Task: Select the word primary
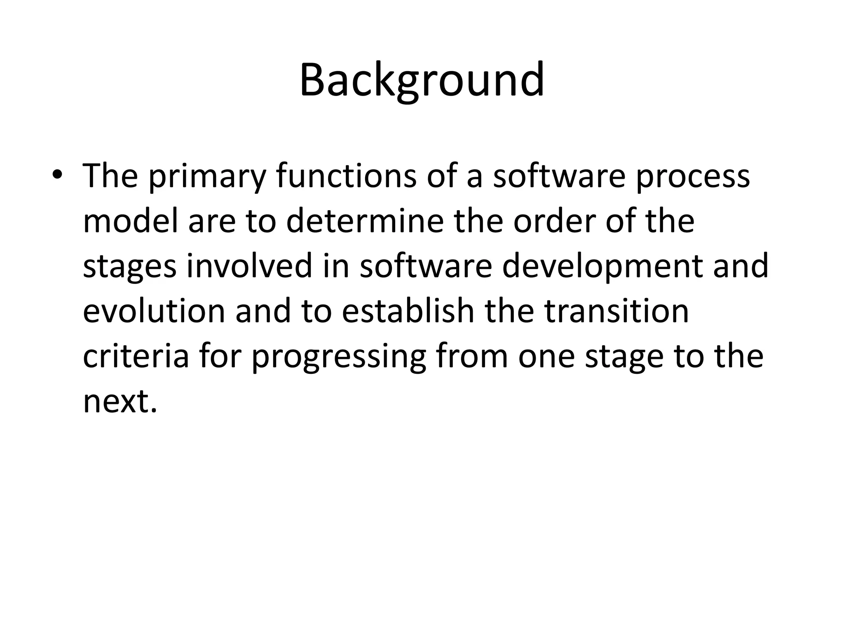click(206, 176)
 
